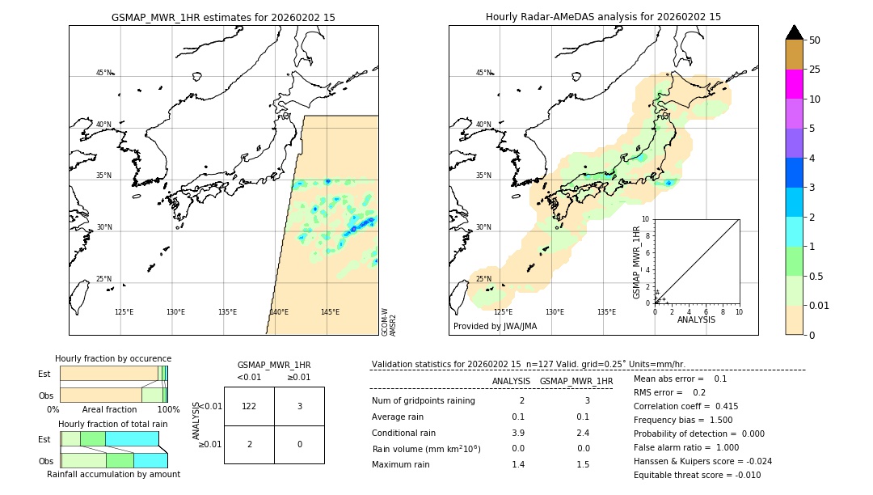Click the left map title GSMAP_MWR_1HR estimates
pos(223,17)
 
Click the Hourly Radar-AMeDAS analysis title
pos(603,17)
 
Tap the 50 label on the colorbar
pos(815,40)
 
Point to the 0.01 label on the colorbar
pos(820,305)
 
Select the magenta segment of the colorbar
pos(794,84)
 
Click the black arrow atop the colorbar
pos(794,32)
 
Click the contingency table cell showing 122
pos(249,406)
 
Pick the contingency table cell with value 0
pos(299,444)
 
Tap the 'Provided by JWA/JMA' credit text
pos(495,327)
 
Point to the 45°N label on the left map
pos(103,73)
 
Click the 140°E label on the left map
pos(279,312)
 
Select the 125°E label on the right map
pos(503,312)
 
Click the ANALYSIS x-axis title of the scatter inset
pos(697,320)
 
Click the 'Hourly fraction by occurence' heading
pos(113,358)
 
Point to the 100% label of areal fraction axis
pos(168,410)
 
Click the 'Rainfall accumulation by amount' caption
pos(113,474)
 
